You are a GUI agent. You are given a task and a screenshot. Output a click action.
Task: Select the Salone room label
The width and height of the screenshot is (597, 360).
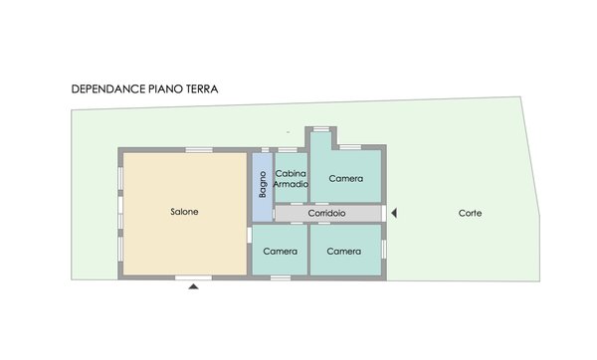tap(184, 212)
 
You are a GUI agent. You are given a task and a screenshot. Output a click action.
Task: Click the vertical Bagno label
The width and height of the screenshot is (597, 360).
tap(263, 184)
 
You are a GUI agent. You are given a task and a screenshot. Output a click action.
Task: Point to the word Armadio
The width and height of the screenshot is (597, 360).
tap(291, 184)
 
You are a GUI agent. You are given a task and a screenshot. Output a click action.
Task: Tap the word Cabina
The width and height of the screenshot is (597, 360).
tap(291, 173)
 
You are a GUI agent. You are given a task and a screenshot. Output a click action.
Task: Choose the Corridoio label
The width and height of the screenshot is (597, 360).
tap(326, 213)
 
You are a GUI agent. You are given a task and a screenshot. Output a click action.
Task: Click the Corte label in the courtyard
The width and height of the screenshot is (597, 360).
tap(470, 213)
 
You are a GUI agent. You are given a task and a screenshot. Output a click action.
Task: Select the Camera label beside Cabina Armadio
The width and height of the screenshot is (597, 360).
tap(345, 178)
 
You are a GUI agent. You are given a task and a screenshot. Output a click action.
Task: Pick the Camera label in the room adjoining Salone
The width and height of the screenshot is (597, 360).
tap(280, 252)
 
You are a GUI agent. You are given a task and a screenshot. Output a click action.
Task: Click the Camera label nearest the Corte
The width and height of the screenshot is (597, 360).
tap(344, 252)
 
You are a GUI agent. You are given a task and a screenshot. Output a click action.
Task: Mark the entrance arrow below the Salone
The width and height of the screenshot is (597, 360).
tap(193, 286)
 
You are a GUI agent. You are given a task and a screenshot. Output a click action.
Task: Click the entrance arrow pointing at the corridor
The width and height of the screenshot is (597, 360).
tap(394, 213)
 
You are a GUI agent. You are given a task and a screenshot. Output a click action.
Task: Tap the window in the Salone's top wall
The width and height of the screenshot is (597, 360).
tap(199, 150)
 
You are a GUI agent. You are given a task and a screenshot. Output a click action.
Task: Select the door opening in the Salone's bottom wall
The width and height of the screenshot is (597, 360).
tap(193, 277)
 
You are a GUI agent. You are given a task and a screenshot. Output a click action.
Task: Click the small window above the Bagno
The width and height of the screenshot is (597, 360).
tap(265, 150)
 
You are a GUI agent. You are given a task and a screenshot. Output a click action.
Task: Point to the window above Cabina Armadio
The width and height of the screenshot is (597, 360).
tap(288, 150)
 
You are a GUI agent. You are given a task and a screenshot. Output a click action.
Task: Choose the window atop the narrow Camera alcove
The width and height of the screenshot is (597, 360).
tap(321, 129)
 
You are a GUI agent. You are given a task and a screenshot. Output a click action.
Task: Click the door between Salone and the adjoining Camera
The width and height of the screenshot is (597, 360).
tap(250, 235)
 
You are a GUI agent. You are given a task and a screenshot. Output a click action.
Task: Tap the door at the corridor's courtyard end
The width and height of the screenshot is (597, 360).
tap(384, 213)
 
